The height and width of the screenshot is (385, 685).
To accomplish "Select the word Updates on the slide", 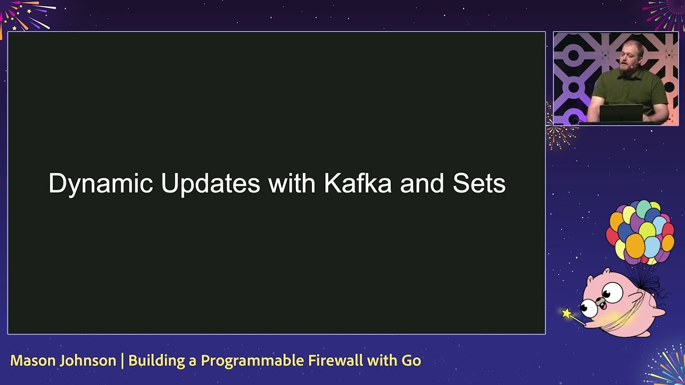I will [x=210, y=184].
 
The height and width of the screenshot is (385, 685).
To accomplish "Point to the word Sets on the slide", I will [x=479, y=184].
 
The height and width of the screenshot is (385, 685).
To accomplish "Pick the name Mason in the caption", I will [x=32, y=361].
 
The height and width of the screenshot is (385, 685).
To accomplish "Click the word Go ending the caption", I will [x=411, y=361].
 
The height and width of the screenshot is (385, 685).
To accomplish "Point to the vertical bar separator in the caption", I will [x=122, y=361].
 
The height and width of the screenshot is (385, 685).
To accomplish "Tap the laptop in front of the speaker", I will [x=621, y=113].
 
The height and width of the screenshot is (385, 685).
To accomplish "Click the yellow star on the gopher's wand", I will [x=567, y=313].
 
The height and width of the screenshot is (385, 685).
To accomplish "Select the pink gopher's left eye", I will [x=590, y=307].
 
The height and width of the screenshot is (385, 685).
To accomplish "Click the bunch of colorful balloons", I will [x=640, y=233].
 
